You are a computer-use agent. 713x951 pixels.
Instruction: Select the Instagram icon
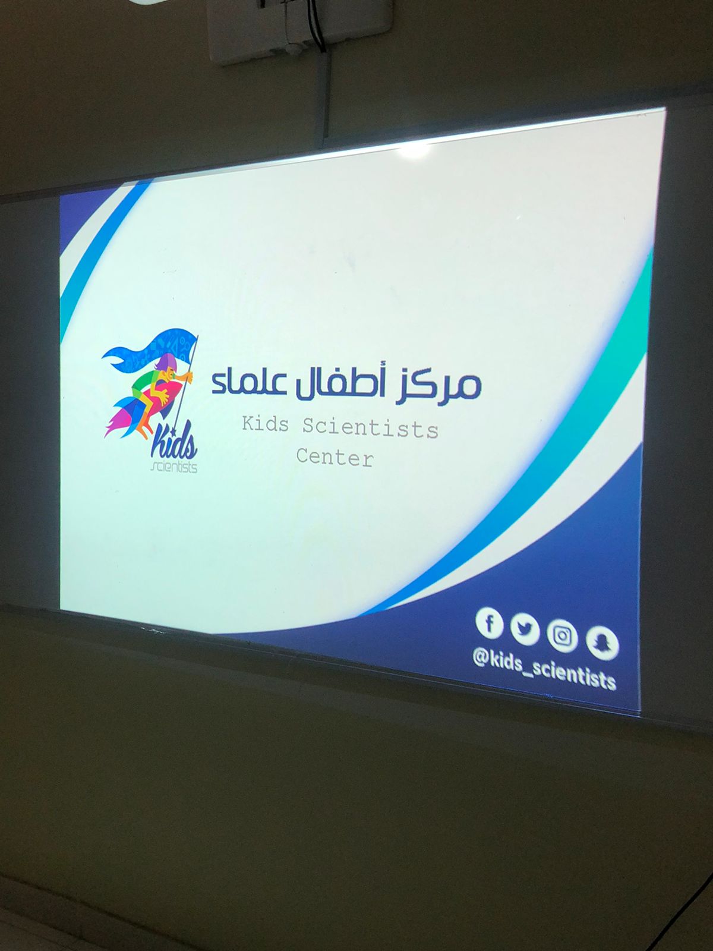[x=562, y=637]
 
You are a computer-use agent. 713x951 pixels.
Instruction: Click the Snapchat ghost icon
[x=602, y=644]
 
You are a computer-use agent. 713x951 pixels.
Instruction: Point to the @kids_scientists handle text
[x=545, y=672]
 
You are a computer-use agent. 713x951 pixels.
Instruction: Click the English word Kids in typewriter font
[x=265, y=424]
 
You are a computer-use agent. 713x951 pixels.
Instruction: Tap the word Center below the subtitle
[x=334, y=458]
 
